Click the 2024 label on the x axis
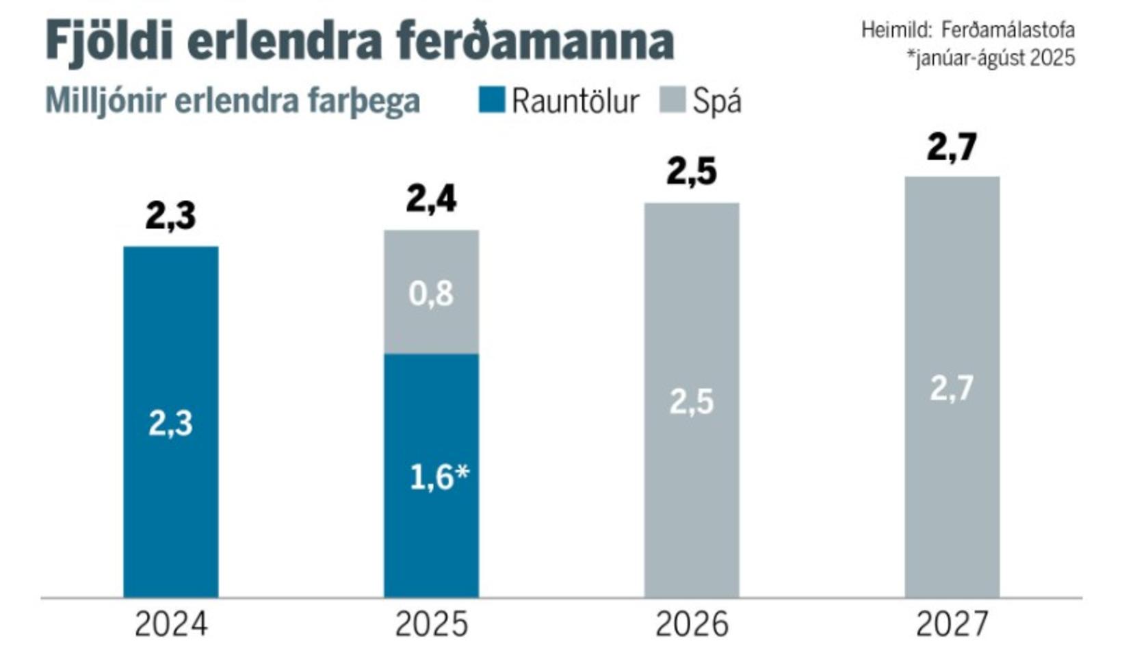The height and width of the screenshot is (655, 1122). [x=170, y=624]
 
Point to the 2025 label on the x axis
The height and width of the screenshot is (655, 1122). [x=431, y=624]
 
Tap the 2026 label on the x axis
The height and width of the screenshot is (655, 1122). [x=692, y=624]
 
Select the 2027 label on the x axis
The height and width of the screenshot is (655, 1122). [x=952, y=624]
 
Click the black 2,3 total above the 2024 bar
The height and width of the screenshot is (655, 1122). [x=170, y=216]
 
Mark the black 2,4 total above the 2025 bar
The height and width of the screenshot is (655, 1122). [x=431, y=199]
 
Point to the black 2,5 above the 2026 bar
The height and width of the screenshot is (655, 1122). [x=692, y=171]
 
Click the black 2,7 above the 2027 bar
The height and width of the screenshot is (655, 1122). [x=952, y=146]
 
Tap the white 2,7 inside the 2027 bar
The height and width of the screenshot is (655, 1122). [x=952, y=389]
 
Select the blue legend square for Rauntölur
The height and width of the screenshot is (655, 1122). [x=491, y=100]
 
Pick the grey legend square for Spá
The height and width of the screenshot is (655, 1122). [x=672, y=100]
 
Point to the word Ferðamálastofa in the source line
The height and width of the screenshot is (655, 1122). [x=1007, y=30]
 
